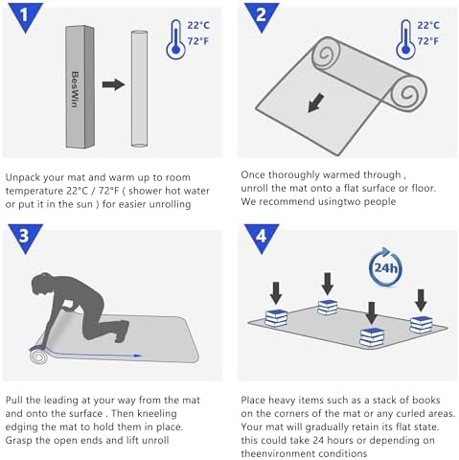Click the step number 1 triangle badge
coord(25,16)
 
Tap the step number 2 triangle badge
coord(262,16)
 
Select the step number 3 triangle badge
coord(25,237)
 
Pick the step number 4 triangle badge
coord(262,237)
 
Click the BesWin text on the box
coord(75,89)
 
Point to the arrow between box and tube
coord(113,84)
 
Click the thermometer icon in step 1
coord(175,39)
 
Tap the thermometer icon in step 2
coord(405,39)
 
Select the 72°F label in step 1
coord(198,41)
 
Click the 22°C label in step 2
coord(428,25)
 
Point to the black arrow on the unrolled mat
coord(315,103)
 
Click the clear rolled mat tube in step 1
coord(139,89)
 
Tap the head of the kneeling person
coord(40,286)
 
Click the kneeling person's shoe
coord(123,332)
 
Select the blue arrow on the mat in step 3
coord(96,354)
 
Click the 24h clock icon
coord(385,267)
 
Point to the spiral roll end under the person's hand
coord(38,356)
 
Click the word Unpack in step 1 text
coord(23,177)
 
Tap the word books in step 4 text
coord(426,400)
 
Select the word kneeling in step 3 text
coord(157,414)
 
